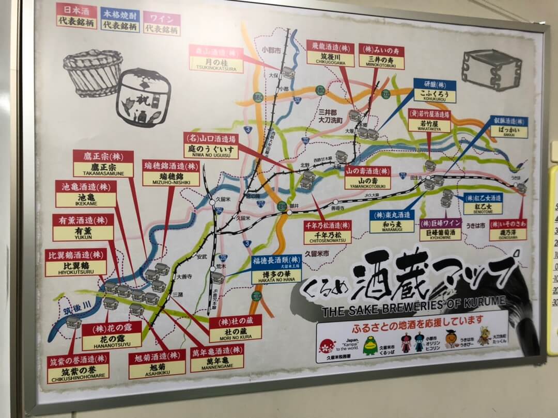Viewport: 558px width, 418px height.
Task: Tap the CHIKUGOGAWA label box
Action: coord(330,54)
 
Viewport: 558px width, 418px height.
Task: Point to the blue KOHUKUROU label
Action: coord(435,91)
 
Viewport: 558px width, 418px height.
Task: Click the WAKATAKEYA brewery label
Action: coord(429,121)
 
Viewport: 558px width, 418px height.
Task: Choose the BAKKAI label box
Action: coord(509,127)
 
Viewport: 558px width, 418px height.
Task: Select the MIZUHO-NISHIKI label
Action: coord(171,173)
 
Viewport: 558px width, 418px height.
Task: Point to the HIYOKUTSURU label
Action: coord(76,262)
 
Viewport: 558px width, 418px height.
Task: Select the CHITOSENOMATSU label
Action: coord(328,232)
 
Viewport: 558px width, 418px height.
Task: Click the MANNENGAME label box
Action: coord(217,358)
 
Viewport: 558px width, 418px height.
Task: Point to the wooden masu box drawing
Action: coord(491,69)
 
